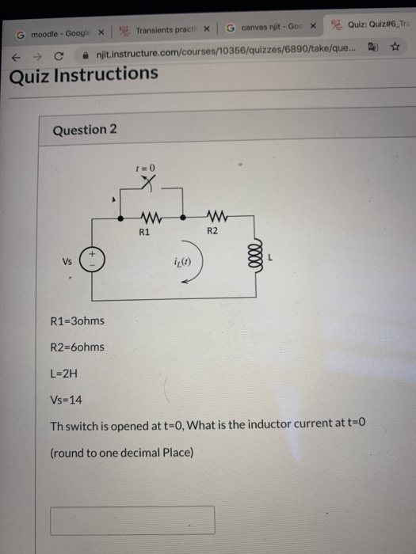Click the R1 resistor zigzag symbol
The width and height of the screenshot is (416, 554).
151,218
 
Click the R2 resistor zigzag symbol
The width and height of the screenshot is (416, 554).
217,216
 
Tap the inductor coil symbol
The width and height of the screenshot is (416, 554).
257,256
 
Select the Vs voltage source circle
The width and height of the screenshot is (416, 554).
92,259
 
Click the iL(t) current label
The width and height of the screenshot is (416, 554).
182,262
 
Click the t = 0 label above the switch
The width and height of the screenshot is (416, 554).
145,168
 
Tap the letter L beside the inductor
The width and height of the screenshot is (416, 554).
271,257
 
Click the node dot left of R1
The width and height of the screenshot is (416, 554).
120,218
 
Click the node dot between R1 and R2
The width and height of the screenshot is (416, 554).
183,218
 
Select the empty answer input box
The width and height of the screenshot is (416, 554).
132,520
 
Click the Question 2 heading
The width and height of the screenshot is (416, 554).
85,130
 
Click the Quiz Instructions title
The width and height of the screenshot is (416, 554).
83,75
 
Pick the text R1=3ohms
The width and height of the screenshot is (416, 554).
78,321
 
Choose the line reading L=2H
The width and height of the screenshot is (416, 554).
63,374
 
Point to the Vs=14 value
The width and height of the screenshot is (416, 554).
66,400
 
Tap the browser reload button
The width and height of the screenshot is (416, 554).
59,56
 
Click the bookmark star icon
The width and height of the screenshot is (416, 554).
395,47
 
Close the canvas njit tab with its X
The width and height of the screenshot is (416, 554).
313,26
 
